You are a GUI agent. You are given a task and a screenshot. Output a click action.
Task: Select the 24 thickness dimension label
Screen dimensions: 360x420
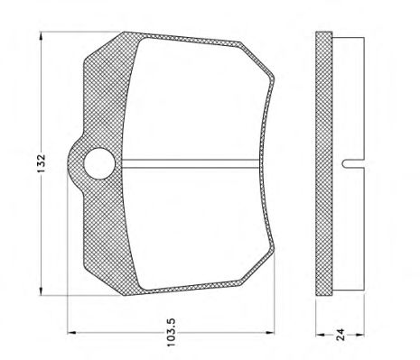[341, 336]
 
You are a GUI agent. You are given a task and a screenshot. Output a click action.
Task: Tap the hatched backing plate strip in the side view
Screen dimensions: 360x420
[322, 162]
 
